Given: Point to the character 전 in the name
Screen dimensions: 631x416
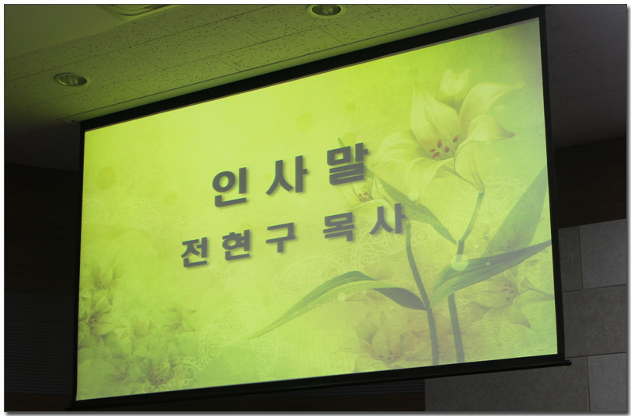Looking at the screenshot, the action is [195, 253].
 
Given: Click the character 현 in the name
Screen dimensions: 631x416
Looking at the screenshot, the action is [236, 244].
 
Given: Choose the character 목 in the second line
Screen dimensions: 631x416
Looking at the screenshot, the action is [340, 227].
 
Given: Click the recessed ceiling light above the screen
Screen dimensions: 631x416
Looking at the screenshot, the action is [325, 9].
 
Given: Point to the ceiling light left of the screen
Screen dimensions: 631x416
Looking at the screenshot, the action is [71, 80].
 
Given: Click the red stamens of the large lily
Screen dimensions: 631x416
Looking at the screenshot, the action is [443, 147].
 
